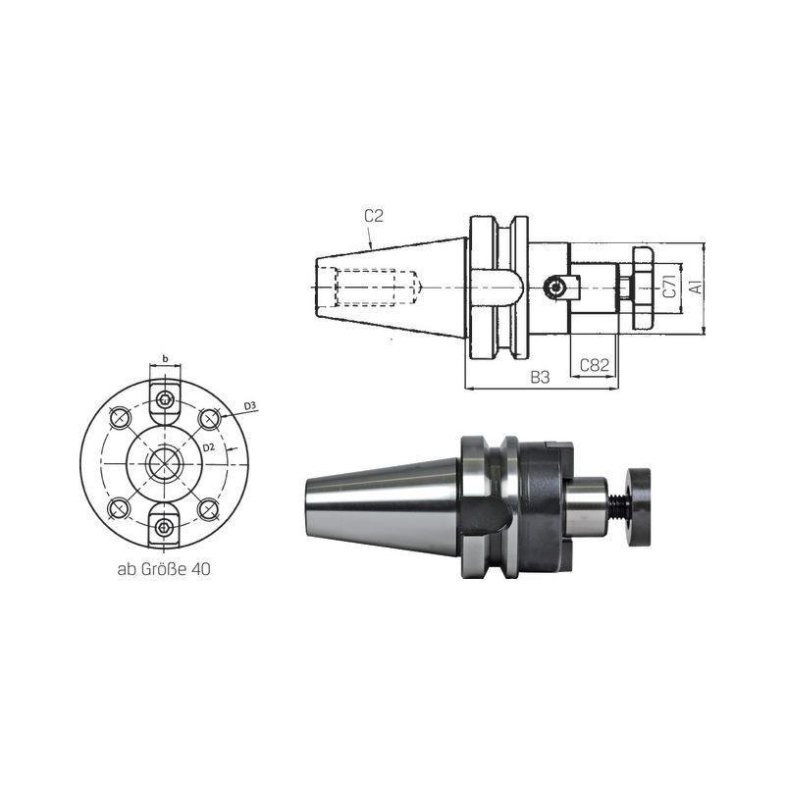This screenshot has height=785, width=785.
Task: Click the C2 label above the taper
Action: pos(374,216)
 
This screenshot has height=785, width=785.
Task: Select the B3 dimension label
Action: pos(541,377)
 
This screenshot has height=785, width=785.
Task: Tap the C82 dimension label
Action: pos(595,365)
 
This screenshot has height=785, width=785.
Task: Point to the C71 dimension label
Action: pos(670,287)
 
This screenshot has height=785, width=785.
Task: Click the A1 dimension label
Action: pos(696,288)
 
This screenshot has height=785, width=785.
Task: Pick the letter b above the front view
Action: pos(165,358)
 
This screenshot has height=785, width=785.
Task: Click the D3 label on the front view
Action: pos(250,405)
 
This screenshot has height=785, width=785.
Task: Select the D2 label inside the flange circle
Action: pos(209,447)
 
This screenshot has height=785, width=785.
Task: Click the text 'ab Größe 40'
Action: pos(164,569)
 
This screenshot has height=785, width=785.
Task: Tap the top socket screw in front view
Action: pos(165,400)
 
